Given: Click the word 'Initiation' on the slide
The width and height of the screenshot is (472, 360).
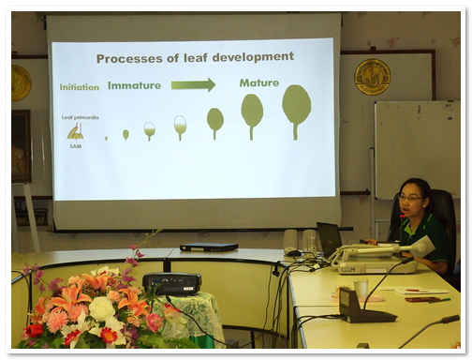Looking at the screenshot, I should click(x=80, y=87).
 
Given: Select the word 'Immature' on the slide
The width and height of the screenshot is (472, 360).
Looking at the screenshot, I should click(x=134, y=85).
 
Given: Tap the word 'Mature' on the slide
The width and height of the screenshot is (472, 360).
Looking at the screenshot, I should click(x=258, y=82).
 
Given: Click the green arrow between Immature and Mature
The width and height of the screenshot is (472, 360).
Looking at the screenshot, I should click(x=193, y=84).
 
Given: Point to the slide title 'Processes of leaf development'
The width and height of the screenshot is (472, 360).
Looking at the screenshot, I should click(x=194, y=57).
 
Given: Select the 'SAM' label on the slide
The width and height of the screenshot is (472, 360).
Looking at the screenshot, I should click(x=74, y=146).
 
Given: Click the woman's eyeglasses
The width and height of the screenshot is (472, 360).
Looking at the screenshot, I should click(x=409, y=198).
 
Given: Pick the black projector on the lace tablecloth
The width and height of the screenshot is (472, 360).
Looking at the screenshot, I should click(x=171, y=282).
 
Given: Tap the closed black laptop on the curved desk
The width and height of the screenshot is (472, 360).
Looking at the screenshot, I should click(x=208, y=247).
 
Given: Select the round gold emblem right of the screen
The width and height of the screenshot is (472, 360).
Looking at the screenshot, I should click(x=372, y=77).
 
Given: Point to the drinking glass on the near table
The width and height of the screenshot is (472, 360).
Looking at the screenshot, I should click(x=361, y=292).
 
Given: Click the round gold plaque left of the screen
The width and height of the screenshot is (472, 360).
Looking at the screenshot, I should click(x=21, y=82).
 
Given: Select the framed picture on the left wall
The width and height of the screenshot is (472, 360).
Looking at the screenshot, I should click(x=21, y=146).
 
